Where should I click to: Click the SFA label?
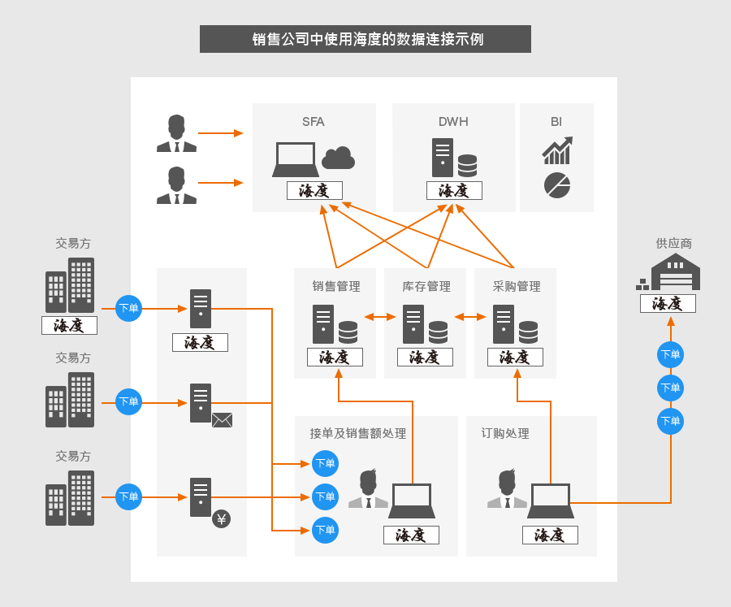(x=314, y=122)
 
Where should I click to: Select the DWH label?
(x=453, y=122)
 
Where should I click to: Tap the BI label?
(x=556, y=122)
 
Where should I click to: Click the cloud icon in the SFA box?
(x=339, y=158)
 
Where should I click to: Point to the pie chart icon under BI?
(x=557, y=185)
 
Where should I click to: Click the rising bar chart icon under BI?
(x=557, y=150)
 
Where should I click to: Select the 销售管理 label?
(x=336, y=286)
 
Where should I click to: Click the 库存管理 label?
(x=426, y=286)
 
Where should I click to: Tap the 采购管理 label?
(x=517, y=286)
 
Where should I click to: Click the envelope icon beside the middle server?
(x=222, y=420)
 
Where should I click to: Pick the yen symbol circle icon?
(x=222, y=518)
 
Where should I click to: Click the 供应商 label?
(x=673, y=243)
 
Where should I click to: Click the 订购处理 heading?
(x=505, y=433)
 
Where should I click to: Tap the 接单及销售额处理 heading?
(x=357, y=433)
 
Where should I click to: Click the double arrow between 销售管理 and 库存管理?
(x=380, y=317)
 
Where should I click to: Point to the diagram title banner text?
(x=368, y=39)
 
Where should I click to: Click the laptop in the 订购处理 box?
(x=551, y=501)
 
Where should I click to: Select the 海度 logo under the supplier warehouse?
(x=668, y=304)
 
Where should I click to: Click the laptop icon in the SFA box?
(x=296, y=159)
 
